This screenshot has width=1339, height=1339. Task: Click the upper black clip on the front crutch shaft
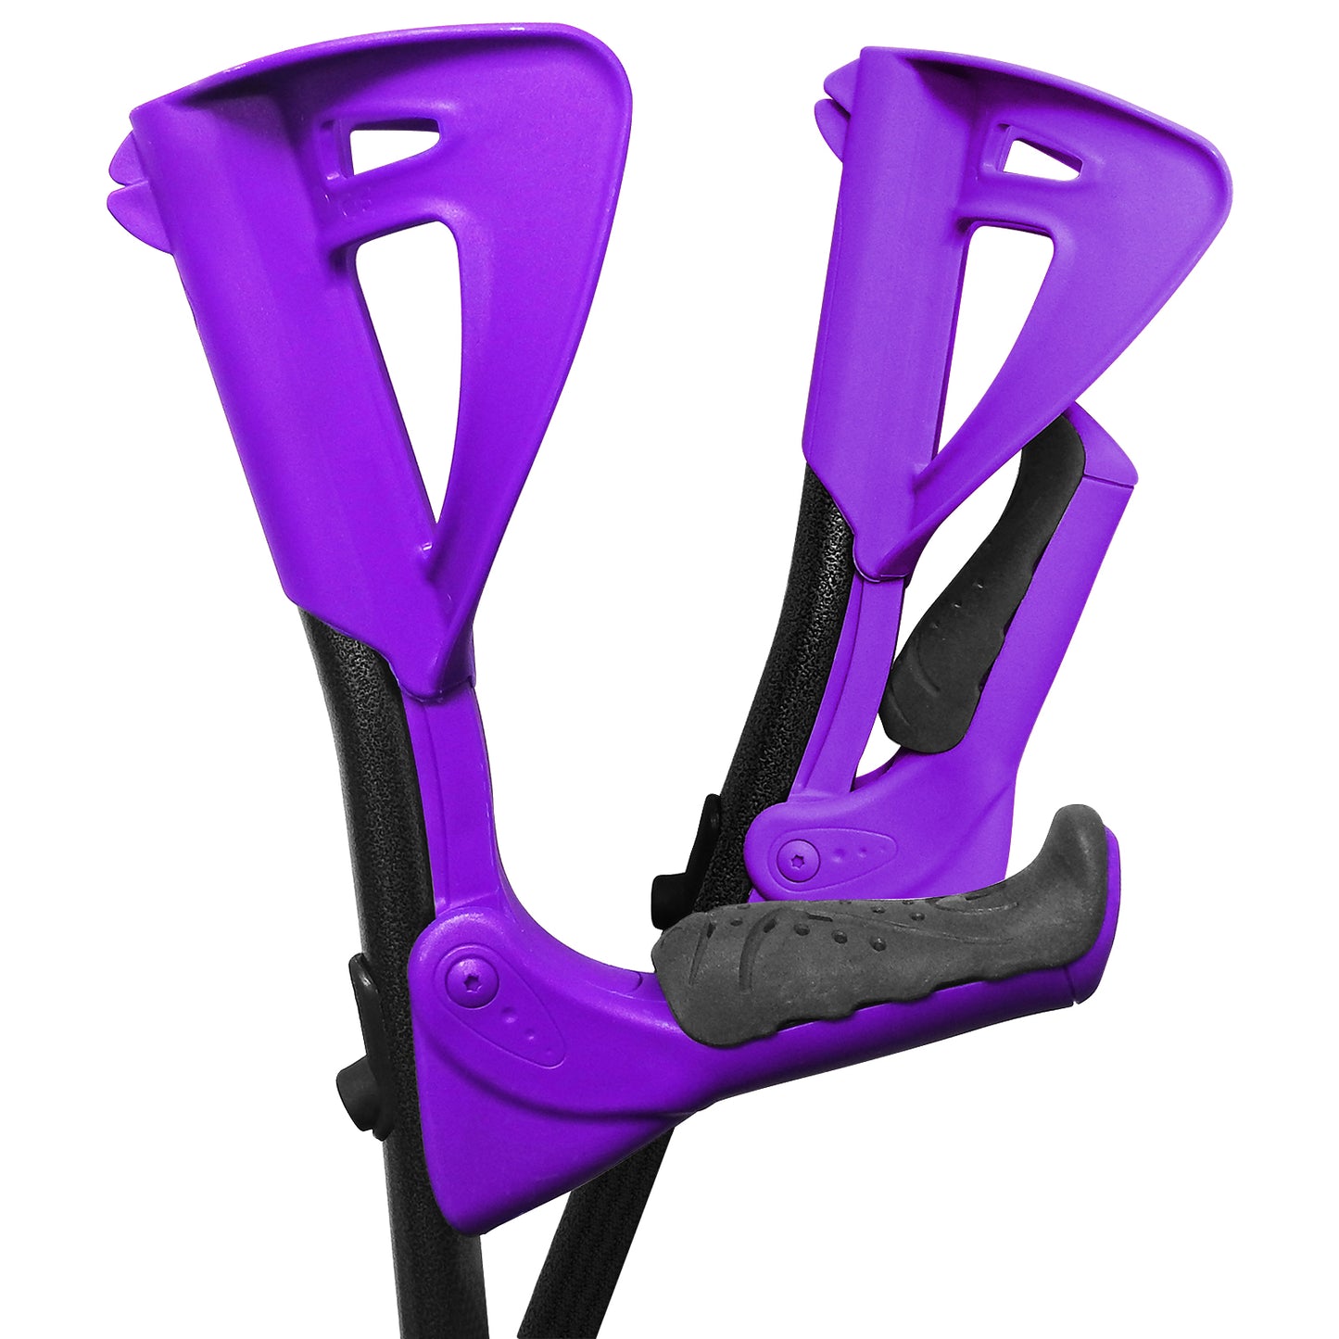click(363, 978)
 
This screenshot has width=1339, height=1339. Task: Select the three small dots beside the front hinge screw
click(519, 1026)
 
